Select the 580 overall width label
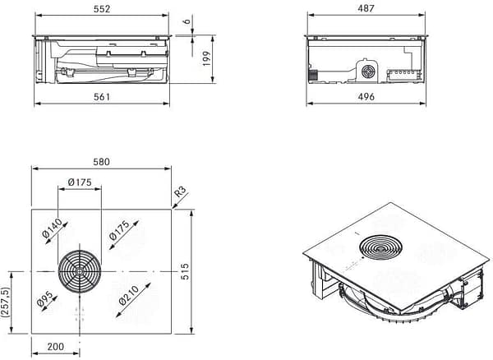(102, 161)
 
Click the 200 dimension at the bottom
(56, 348)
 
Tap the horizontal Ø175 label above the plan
(79, 182)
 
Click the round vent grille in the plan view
(80, 271)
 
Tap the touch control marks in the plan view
(80, 315)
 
